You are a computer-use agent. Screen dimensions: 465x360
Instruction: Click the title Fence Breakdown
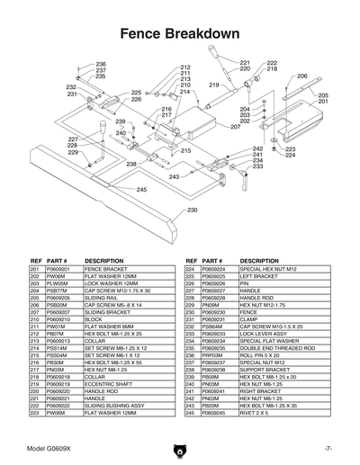[180, 34]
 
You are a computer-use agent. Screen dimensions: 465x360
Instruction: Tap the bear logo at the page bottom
[180, 448]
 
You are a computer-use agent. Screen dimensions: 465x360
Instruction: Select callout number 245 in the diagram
[141, 190]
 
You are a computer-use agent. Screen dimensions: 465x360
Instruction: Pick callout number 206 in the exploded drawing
[302, 76]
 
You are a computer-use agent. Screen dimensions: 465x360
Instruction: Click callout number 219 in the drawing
[214, 85]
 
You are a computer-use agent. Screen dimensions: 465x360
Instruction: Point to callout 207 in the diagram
[234, 126]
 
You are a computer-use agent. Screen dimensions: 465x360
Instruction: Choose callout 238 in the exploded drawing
[131, 164]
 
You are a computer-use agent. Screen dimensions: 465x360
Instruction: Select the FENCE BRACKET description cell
[105, 269]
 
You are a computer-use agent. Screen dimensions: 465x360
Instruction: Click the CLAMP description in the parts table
[249, 319]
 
